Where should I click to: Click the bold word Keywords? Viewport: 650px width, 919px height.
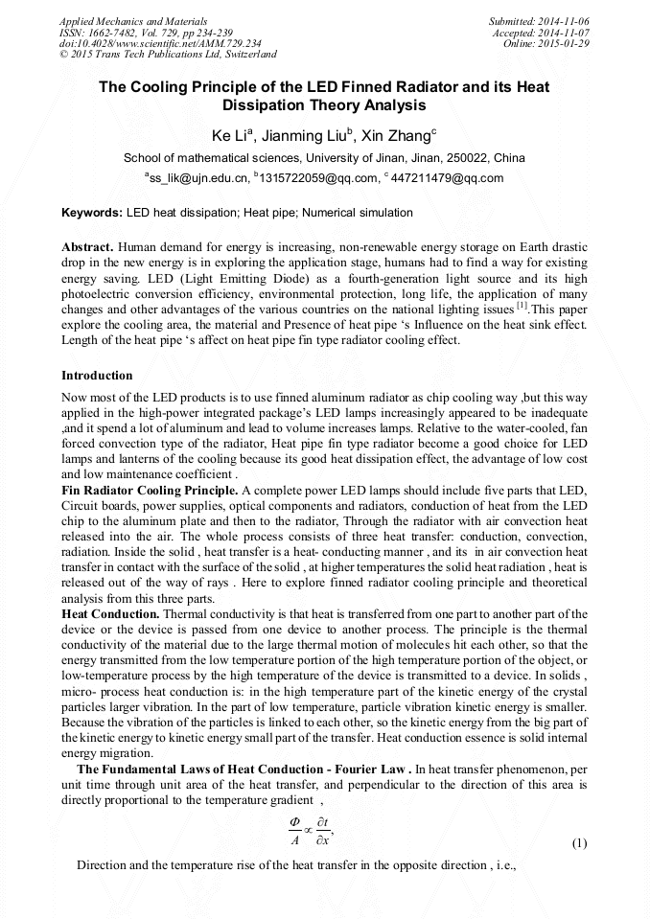pyautogui.click(x=92, y=213)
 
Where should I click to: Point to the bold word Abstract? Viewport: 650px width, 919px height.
pyautogui.click(x=88, y=246)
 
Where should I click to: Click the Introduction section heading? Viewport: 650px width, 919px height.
pyautogui.click(x=97, y=376)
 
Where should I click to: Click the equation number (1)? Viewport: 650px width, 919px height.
pyautogui.click(x=579, y=843)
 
